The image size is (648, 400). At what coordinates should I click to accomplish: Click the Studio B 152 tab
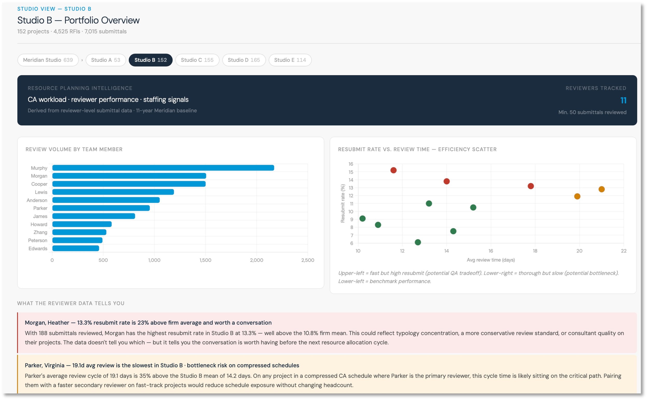(151, 60)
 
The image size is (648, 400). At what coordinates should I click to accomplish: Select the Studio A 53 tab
(106, 60)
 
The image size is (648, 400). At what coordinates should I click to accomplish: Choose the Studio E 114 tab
(290, 60)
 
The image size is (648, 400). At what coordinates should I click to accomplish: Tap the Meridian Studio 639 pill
(48, 60)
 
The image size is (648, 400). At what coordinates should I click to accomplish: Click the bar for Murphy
(163, 168)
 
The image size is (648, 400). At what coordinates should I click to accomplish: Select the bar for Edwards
(76, 249)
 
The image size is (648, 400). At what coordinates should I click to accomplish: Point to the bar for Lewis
(113, 192)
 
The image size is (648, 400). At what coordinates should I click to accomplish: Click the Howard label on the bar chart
(39, 225)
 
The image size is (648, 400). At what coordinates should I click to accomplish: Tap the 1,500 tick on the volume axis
(205, 260)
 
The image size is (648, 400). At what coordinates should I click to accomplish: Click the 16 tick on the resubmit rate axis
(351, 164)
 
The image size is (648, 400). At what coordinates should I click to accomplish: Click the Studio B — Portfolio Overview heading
(79, 20)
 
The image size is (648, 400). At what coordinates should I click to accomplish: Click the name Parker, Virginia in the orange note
(45, 365)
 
